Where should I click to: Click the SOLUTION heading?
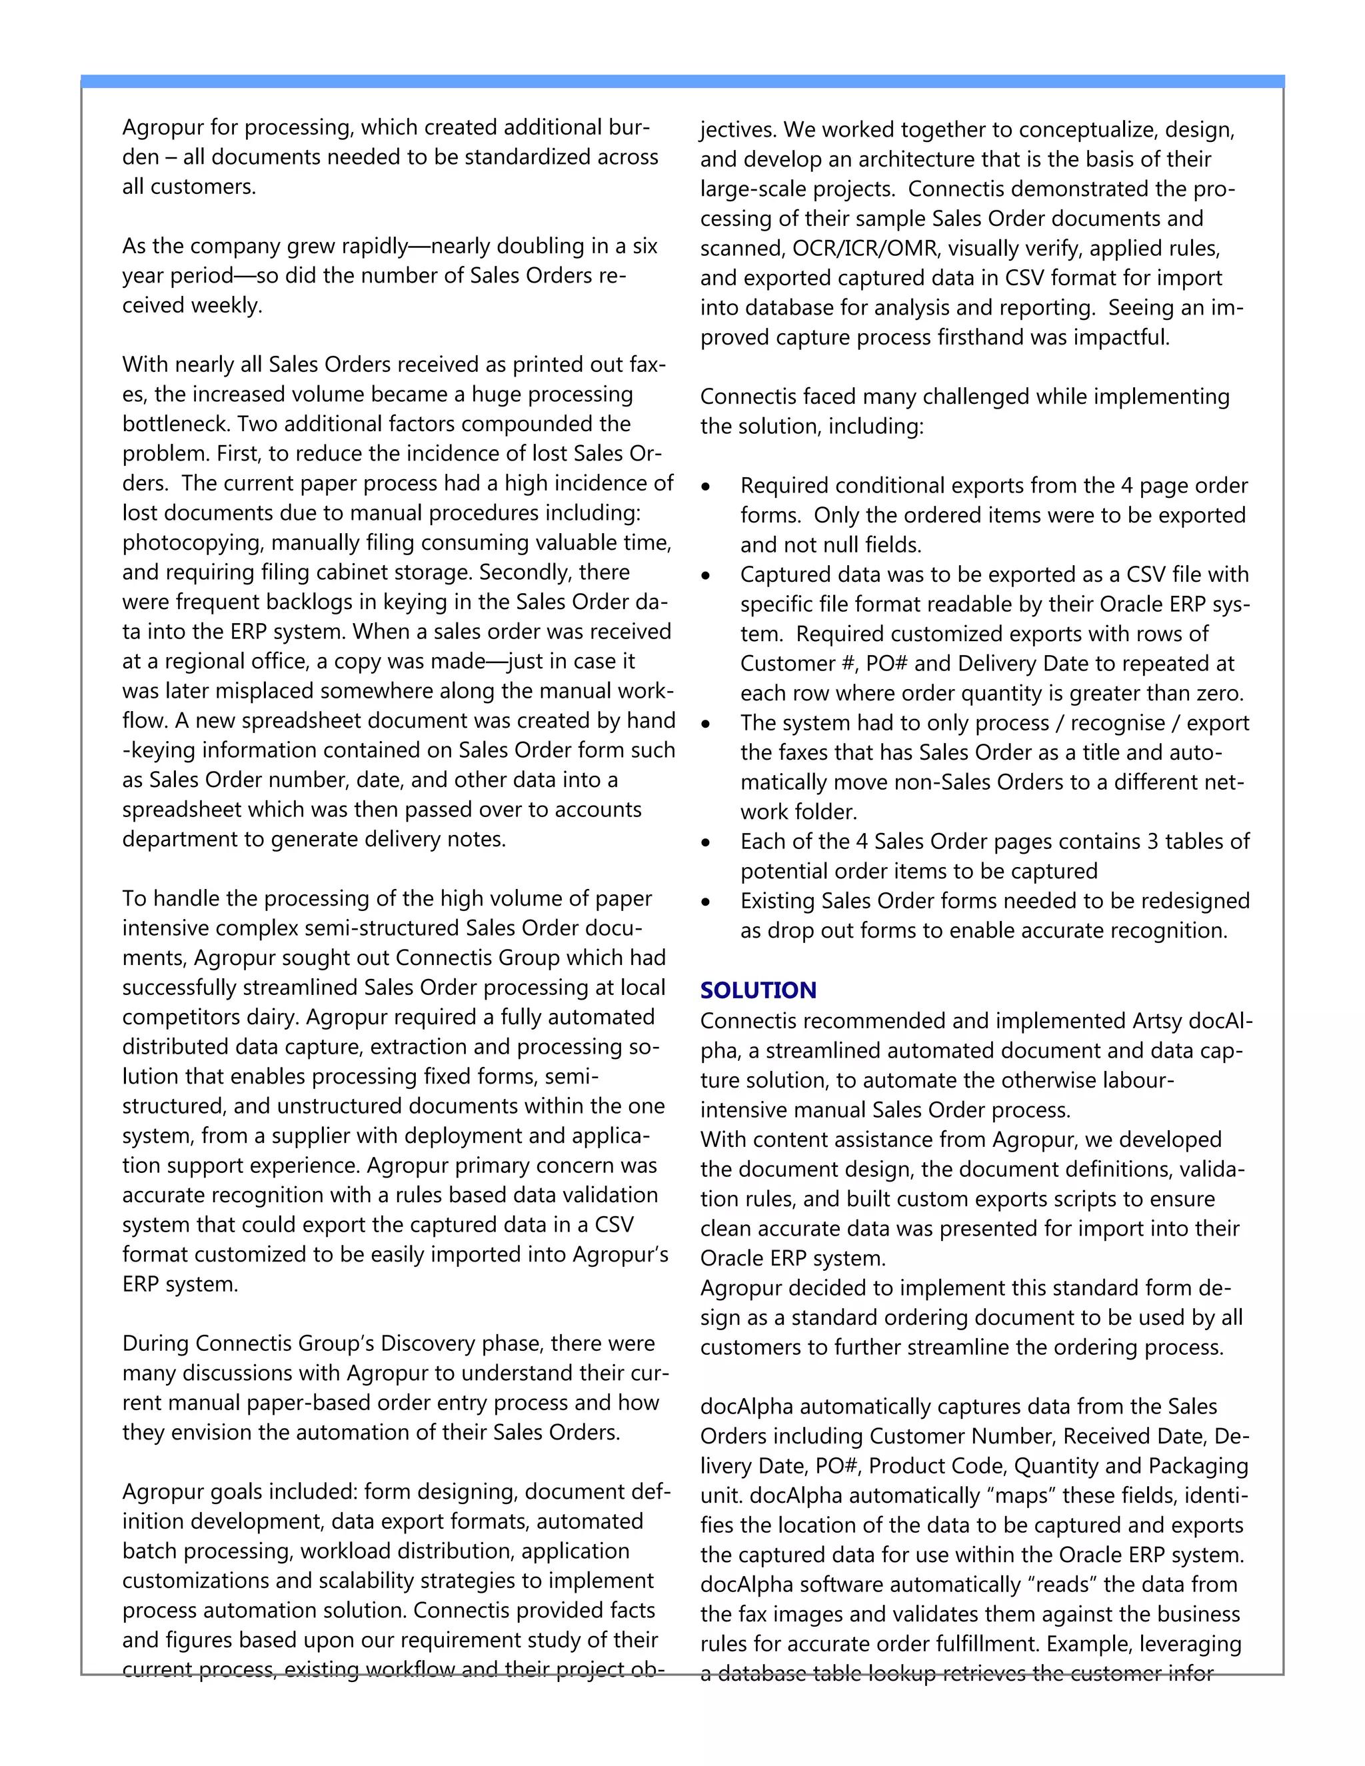(x=758, y=990)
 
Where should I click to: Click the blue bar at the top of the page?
(x=682, y=81)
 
